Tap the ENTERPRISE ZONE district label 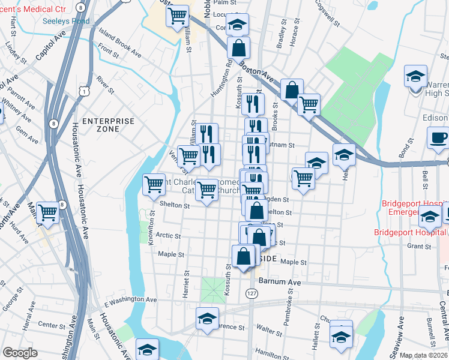coord(108,125)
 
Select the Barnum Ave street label coord(279,281)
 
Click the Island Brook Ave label coord(121,47)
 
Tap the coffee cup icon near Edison coord(438,137)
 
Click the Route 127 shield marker coord(252,292)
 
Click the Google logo coord(20,353)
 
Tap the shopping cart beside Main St coord(47,212)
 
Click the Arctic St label coord(168,236)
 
